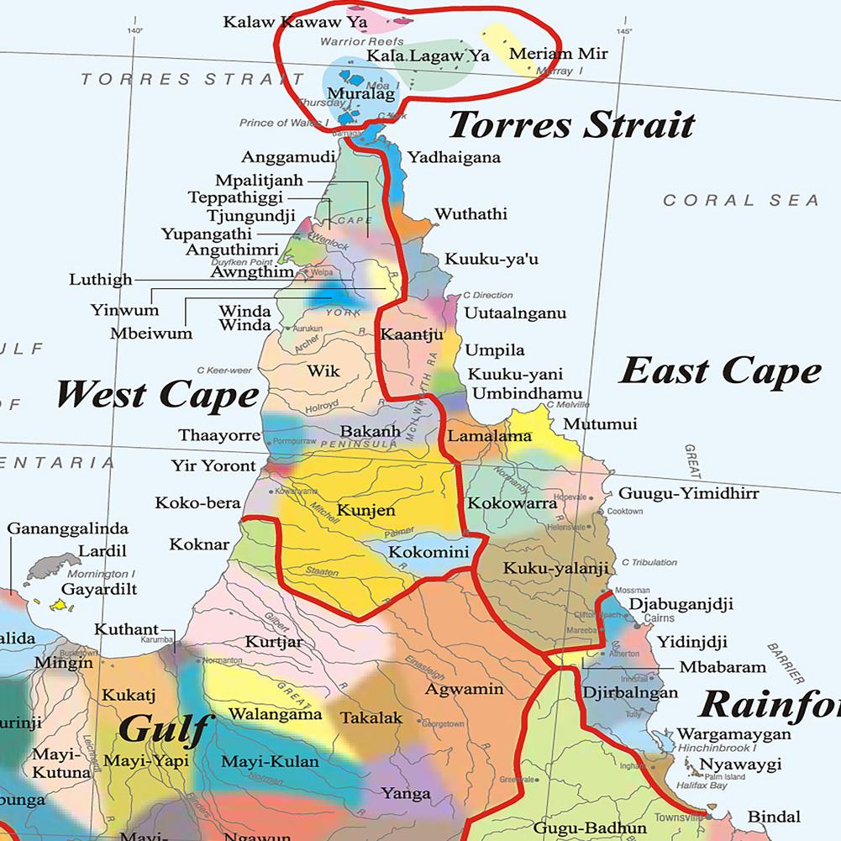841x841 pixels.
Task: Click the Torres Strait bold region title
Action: point(571,124)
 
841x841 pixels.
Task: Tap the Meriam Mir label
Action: point(558,54)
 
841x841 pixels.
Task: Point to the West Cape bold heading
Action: point(157,394)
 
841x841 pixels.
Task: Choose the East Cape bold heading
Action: point(720,371)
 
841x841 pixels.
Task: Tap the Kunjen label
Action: point(365,510)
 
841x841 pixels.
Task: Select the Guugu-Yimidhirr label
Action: point(688,493)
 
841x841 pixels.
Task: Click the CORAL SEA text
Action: point(740,200)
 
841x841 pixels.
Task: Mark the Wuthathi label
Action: point(470,214)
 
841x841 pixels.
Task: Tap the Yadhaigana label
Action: point(454,157)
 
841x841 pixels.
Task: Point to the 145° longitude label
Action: point(623,31)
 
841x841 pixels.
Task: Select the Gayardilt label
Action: point(99,589)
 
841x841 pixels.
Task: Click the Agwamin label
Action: point(464,689)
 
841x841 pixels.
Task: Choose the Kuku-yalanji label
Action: point(555,569)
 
